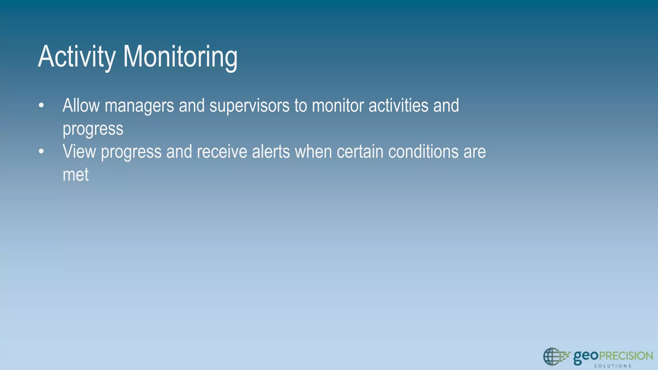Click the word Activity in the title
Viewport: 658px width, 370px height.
tap(76, 57)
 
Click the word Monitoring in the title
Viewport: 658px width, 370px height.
tap(180, 57)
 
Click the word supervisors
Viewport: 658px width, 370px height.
tap(249, 106)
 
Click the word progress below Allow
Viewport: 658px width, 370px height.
tap(93, 129)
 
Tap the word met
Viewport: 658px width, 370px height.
tap(76, 175)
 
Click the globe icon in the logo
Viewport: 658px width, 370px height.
tap(552, 357)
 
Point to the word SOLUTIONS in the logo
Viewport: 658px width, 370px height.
tap(613, 366)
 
